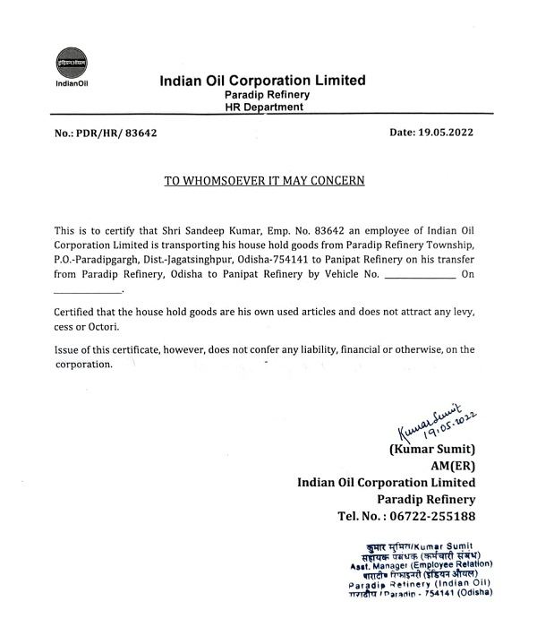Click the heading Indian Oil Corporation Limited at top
point(262,80)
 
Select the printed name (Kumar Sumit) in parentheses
point(431,448)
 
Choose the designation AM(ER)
point(455,465)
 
